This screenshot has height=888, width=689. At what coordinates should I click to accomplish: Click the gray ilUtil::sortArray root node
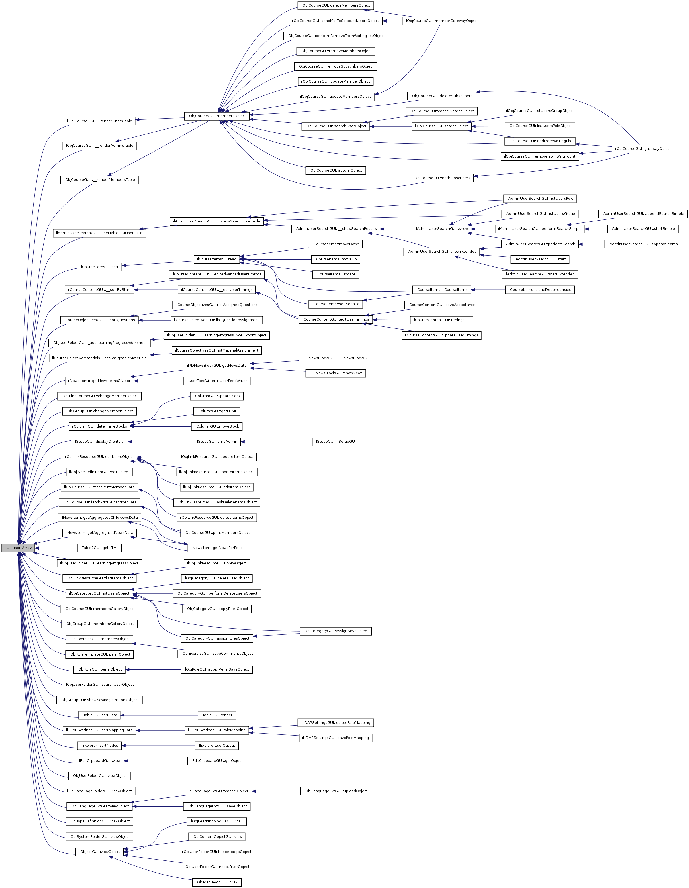pos(18,548)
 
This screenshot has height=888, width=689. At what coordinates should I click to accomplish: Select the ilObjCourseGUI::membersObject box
pos(217,116)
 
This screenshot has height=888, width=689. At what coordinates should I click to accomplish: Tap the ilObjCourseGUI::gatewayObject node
pos(643,149)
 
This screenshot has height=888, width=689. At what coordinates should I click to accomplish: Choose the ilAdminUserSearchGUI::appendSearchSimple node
pos(643,213)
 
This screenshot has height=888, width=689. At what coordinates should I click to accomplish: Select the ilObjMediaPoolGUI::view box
pos(217,882)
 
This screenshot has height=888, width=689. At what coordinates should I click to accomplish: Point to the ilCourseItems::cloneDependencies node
pos(539,289)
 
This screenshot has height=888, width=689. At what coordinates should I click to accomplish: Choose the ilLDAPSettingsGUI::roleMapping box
pos(217,730)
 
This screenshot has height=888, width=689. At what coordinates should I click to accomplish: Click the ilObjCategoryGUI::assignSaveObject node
pos(335,631)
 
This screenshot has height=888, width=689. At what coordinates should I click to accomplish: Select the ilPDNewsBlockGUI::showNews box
pos(335,373)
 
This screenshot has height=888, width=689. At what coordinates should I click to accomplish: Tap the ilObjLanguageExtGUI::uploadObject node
pos(335,791)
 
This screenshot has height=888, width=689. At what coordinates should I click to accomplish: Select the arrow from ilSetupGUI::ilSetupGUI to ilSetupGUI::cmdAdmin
pos(276,442)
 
